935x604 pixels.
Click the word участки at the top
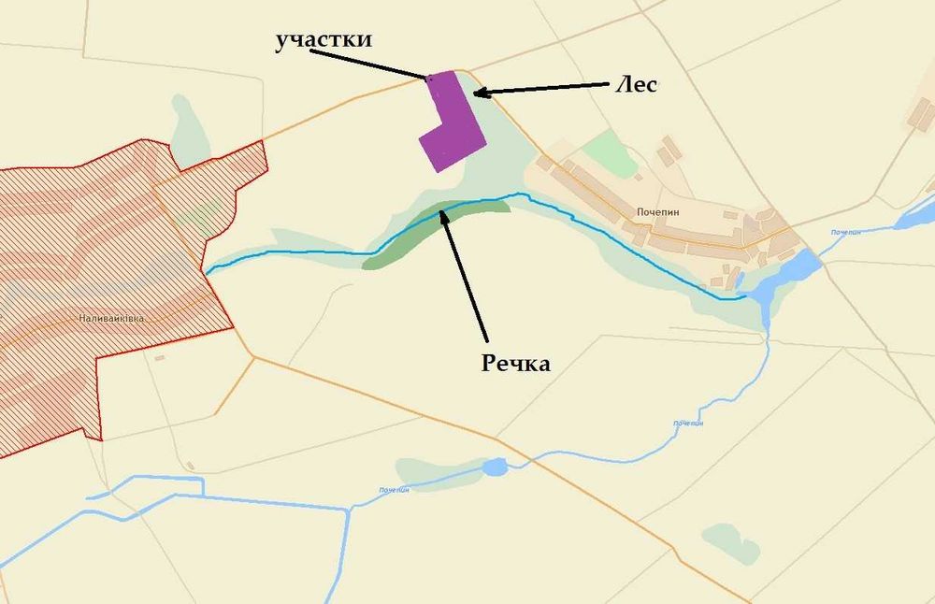coord(324,40)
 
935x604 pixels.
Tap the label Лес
coord(637,84)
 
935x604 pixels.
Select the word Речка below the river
coord(516,363)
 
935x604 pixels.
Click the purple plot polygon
coord(453,125)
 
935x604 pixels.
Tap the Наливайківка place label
coord(111,319)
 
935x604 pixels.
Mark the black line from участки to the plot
coord(369,63)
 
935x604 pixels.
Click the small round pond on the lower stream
coord(495,467)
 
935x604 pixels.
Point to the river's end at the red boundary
coord(208,271)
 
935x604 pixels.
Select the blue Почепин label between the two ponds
coord(687,424)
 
